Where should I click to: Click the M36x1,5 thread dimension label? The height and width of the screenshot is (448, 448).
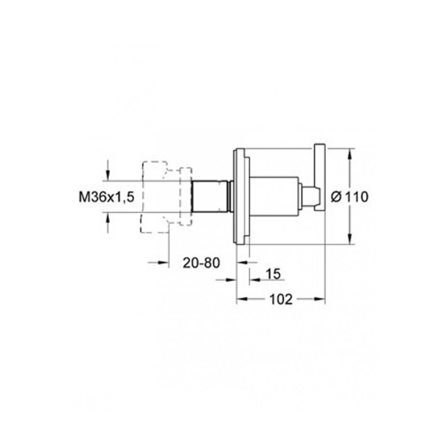click(106, 197)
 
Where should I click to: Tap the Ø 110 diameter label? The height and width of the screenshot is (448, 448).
click(349, 197)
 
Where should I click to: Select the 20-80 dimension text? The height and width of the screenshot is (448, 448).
click(202, 263)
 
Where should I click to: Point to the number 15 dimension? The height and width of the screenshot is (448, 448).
click(273, 274)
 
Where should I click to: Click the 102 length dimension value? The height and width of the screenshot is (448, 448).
click(281, 299)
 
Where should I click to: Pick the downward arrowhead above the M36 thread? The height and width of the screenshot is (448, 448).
click(108, 175)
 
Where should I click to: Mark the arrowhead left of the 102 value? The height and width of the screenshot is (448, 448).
click(242, 299)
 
